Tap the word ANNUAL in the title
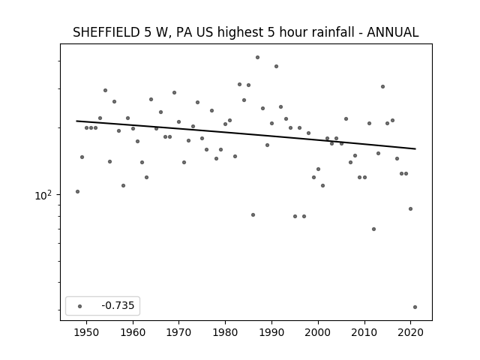click(392, 32)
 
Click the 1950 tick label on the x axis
click(87, 332)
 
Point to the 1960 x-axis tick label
click(133, 332)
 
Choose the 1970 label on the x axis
click(178, 332)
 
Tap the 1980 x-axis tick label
click(225, 332)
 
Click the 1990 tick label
click(271, 332)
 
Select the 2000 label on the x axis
click(318, 332)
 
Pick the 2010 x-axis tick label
click(364, 332)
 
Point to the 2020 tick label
click(410, 332)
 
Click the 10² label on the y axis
click(43, 195)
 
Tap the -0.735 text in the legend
click(118, 305)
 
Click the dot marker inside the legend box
click(80, 306)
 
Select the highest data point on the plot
click(257, 57)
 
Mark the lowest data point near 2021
click(415, 307)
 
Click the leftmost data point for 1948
click(77, 192)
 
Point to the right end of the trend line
click(415, 148)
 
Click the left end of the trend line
click(76, 121)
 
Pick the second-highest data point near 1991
click(276, 67)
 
